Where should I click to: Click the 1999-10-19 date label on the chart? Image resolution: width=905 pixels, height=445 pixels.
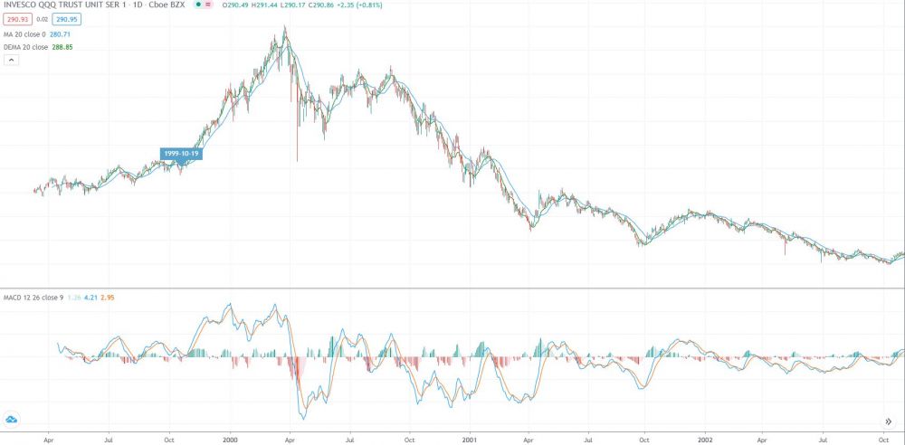[x=181, y=154]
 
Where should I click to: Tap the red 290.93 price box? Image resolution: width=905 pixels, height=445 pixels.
[x=16, y=18]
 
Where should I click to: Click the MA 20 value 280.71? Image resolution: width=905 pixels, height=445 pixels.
[x=60, y=33]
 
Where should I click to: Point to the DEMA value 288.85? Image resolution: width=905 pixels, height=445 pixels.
[x=62, y=46]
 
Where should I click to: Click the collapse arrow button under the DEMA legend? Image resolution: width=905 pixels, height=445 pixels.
[x=12, y=60]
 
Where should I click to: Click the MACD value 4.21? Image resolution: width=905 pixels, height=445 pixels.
[x=90, y=297]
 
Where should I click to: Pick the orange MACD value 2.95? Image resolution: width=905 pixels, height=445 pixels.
[x=107, y=297]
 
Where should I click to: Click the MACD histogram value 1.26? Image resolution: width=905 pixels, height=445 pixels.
[x=73, y=297]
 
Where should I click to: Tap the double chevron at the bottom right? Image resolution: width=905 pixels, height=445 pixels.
[x=888, y=421]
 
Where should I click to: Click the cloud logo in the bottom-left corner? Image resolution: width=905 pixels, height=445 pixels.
[x=13, y=419]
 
